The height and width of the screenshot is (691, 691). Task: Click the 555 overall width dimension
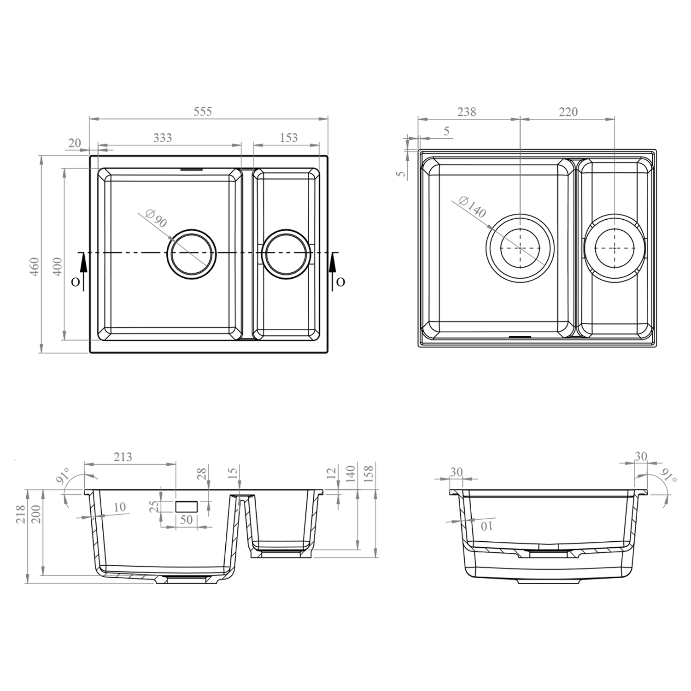(x=202, y=111)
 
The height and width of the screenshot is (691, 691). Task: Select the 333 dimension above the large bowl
(x=163, y=137)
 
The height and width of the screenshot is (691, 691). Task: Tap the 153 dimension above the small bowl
(x=288, y=137)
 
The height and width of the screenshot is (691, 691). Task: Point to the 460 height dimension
(x=35, y=267)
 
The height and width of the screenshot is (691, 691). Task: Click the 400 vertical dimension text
(x=57, y=267)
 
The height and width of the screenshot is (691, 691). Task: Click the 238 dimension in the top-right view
(x=466, y=112)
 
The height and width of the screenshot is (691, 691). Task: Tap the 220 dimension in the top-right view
(x=568, y=112)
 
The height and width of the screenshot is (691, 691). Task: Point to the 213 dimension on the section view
(x=123, y=457)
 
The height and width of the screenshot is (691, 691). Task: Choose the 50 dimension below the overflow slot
(x=186, y=520)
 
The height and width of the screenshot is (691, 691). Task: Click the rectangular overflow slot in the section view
(x=187, y=507)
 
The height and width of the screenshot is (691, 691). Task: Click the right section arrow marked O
(x=333, y=272)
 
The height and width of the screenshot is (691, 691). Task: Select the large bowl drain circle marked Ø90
(x=191, y=253)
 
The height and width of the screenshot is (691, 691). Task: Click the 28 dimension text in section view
(x=202, y=474)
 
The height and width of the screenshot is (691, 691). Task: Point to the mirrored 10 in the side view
(x=486, y=526)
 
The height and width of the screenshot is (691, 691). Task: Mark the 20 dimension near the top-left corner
(x=74, y=143)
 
